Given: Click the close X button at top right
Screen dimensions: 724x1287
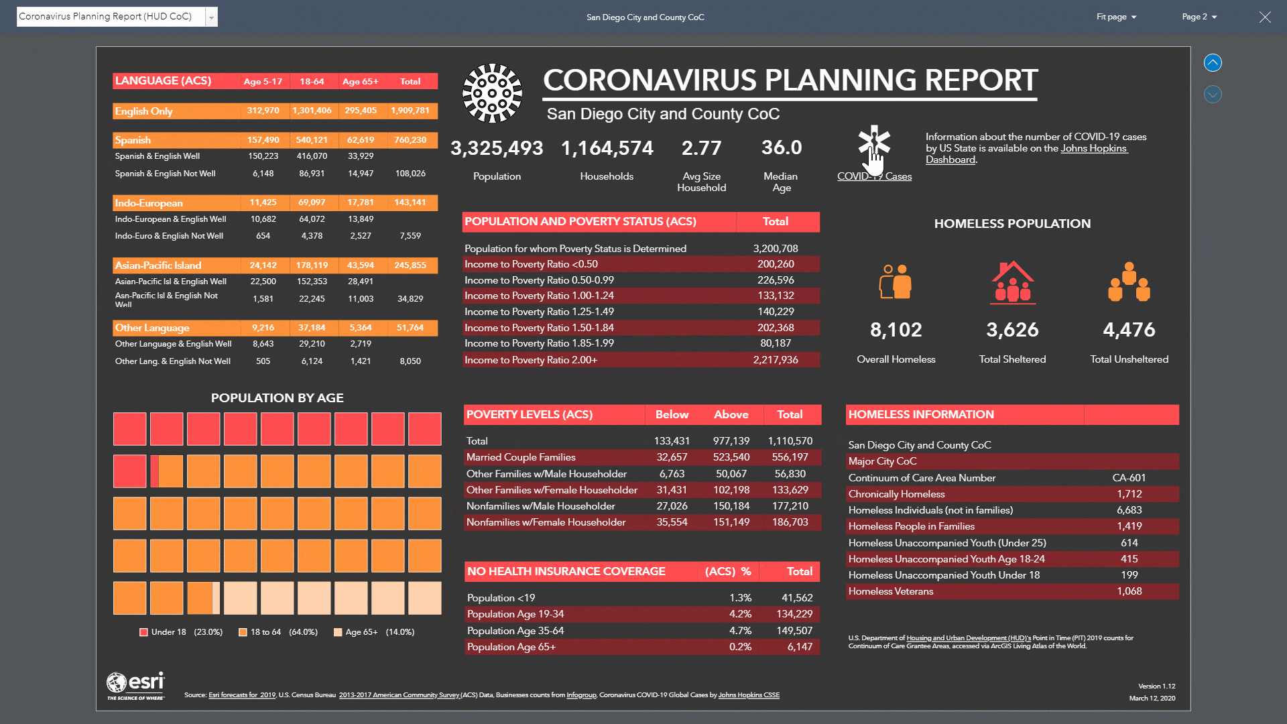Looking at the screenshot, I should point(1264,17).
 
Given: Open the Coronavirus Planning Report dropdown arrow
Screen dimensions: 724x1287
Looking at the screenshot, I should point(211,17).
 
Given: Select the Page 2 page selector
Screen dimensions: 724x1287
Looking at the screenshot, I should point(1199,17).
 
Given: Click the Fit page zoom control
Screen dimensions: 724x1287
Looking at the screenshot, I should point(1116,17).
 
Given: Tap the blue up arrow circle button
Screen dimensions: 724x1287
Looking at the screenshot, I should point(1213,63).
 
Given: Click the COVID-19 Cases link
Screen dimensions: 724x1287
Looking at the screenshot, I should point(874,176).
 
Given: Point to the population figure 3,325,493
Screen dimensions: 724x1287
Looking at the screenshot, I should point(497,148).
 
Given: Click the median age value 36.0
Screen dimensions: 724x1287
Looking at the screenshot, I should point(781,147).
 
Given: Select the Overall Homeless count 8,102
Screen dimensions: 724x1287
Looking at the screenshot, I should point(896,330).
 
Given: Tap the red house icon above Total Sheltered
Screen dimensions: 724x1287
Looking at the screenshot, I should point(1012,282).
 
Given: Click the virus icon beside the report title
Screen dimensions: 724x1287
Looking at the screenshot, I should point(492,93).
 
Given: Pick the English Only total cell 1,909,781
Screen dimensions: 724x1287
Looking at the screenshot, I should point(410,111).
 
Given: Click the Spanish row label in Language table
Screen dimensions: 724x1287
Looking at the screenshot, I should point(133,140).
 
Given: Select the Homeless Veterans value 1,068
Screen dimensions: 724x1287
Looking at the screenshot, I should point(1129,591).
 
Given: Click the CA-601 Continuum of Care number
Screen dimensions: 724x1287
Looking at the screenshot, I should point(1129,478).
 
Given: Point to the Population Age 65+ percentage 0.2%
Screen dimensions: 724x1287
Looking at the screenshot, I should point(740,647).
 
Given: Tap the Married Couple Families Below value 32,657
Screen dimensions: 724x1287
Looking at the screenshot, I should point(672,457).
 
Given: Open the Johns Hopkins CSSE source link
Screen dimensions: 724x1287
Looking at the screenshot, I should point(749,695).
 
